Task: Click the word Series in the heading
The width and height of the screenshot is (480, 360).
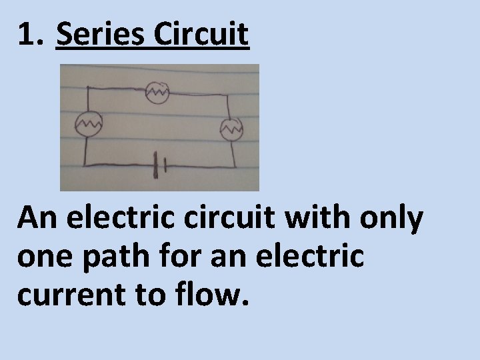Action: [101, 35]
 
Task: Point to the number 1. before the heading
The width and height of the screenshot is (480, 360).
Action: [31, 35]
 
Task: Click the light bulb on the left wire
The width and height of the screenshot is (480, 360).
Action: [87, 123]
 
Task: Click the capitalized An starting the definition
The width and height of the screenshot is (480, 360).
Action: [36, 218]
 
